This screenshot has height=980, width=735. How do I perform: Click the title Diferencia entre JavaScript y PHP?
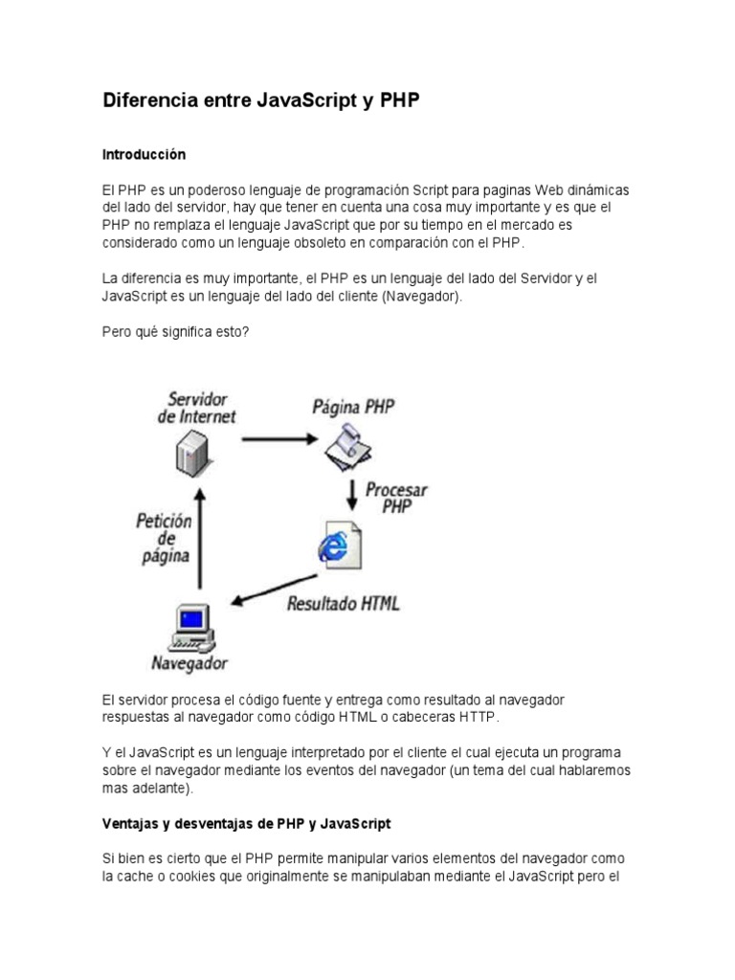click(260, 100)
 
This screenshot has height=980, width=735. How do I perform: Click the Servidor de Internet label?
click(196, 407)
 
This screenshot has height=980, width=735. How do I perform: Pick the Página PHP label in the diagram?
click(353, 406)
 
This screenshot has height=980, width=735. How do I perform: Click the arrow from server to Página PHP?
click(278, 439)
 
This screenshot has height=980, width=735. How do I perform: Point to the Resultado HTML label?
click(344, 605)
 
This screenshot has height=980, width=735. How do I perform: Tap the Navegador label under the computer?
click(189, 661)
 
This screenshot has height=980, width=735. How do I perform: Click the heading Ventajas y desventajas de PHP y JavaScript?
click(247, 823)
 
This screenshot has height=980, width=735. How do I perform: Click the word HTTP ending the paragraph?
click(479, 717)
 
